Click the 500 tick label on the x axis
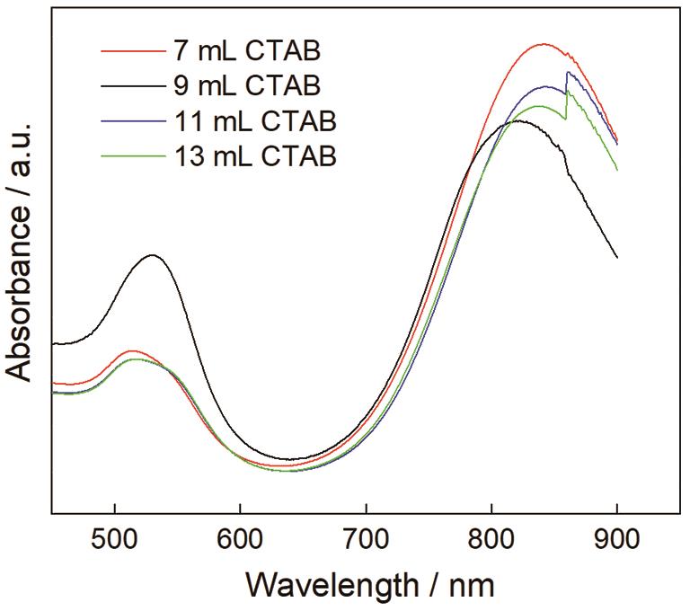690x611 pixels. click(115, 544)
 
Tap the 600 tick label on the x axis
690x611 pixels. click(240, 544)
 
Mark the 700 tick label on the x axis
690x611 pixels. click(366, 544)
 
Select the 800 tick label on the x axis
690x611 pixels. click(491, 544)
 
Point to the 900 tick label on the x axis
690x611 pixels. click(617, 544)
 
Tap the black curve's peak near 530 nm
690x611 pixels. click(153, 255)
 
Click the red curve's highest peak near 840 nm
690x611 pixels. click(542, 43)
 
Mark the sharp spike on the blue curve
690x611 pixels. click(567, 72)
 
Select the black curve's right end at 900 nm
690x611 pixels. click(617, 258)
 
